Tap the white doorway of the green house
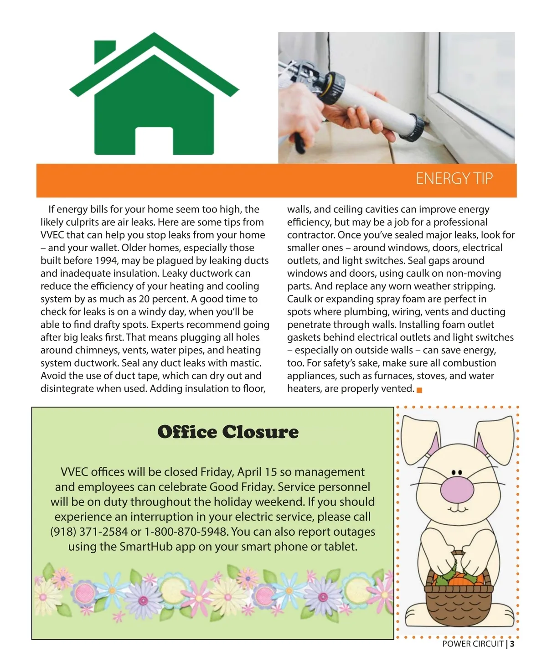tap(154, 141)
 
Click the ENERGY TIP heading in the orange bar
tap(454, 178)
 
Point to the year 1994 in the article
tap(106, 260)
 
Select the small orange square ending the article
tap(419, 390)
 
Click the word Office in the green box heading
tap(188, 432)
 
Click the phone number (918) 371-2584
tap(89, 532)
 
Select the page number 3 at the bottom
tap(512, 644)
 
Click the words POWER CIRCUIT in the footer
tap(473, 644)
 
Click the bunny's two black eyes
tap(457, 472)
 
